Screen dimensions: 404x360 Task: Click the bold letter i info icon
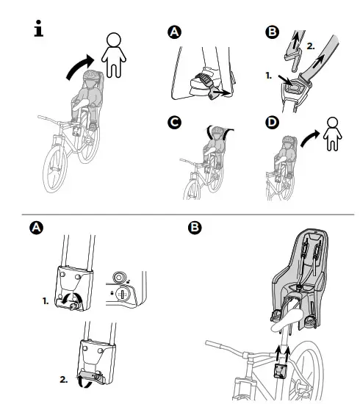point(39,31)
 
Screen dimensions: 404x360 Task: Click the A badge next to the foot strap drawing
point(173,32)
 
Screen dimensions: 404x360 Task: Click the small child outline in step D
point(331,133)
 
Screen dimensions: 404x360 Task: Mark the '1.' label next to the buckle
point(269,76)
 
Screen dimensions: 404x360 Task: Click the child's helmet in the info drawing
point(90,79)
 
